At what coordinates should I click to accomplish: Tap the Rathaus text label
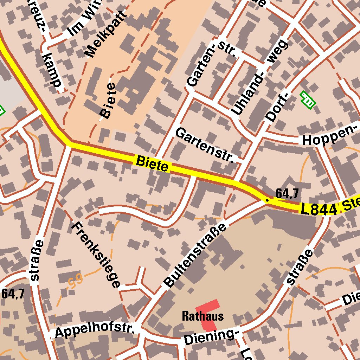[x=202, y=316]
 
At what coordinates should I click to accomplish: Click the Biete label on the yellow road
[x=152, y=164]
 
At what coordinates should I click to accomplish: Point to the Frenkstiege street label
[x=96, y=255]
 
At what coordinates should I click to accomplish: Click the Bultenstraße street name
[x=195, y=255]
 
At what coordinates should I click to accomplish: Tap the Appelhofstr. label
[x=95, y=331]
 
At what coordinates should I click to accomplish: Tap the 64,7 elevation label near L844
[x=287, y=193]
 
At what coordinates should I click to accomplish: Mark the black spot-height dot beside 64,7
[x=267, y=200]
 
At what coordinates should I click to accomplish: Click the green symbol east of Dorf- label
[x=308, y=99]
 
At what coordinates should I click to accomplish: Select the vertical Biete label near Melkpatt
[x=107, y=101]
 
